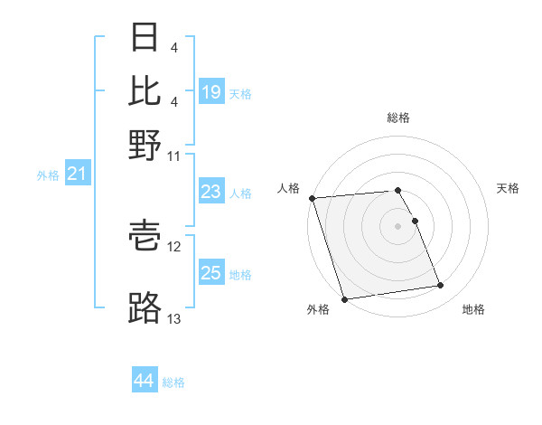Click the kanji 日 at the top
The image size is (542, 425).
pyautogui.click(x=145, y=38)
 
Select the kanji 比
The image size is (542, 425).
pyautogui.click(x=145, y=91)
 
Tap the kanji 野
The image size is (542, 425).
pyautogui.click(x=145, y=145)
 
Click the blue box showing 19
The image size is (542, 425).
pyautogui.click(x=211, y=92)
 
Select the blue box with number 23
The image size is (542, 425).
pyautogui.click(x=211, y=192)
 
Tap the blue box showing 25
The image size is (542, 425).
pyautogui.click(x=211, y=273)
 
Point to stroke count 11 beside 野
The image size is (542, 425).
pyautogui.click(x=174, y=156)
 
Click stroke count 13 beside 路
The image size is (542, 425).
pyautogui.click(x=174, y=319)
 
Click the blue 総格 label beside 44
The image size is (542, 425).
pyautogui.click(x=173, y=382)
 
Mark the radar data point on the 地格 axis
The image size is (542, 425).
pyautogui.click(x=441, y=286)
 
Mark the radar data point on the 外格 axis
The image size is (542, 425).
pyautogui.click(x=344, y=299)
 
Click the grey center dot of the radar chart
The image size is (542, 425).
pyautogui.click(x=397, y=225)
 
